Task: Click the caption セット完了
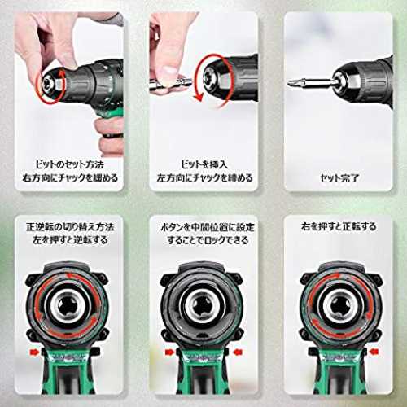point(339,178)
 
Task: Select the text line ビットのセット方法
point(70,164)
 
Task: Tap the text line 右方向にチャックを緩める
point(70,178)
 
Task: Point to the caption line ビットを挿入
point(204,164)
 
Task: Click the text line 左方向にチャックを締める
point(204,178)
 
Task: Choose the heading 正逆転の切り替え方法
point(70,227)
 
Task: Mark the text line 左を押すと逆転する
point(70,240)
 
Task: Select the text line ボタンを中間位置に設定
point(208,227)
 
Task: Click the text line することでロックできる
point(208,240)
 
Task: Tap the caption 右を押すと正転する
point(339,226)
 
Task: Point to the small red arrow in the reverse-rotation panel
point(34,352)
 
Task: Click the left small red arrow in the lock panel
point(170,352)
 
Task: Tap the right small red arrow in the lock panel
point(238,352)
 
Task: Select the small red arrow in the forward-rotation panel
point(374,352)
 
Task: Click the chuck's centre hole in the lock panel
point(201,304)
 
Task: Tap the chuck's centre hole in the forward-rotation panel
point(340,304)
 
